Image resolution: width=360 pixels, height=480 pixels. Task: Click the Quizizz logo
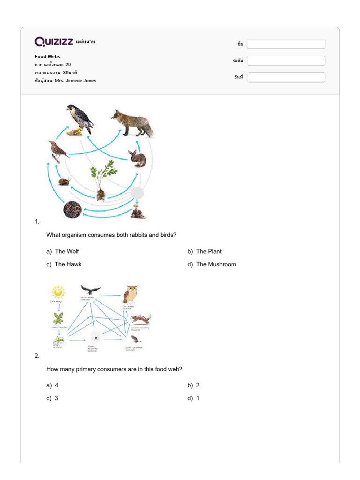tap(53, 42)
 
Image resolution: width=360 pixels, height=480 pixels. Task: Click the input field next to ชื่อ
tap(286, 44)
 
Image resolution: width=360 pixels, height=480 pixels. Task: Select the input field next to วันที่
tap(286, 77)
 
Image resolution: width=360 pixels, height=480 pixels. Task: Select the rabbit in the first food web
tap(137, 158)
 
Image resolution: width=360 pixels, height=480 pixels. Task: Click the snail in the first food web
tap(64, 181)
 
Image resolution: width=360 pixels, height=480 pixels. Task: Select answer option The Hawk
tap(67, 264)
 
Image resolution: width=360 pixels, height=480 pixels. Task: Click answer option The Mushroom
tap(216, 264)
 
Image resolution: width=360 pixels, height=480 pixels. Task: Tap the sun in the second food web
tap(58, 292)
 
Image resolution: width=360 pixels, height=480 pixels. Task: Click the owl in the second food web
tap(129, 295)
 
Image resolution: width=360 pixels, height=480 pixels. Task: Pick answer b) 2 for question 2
tap(198, 385)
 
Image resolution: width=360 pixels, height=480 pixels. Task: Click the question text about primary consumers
tap(114, 369)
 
